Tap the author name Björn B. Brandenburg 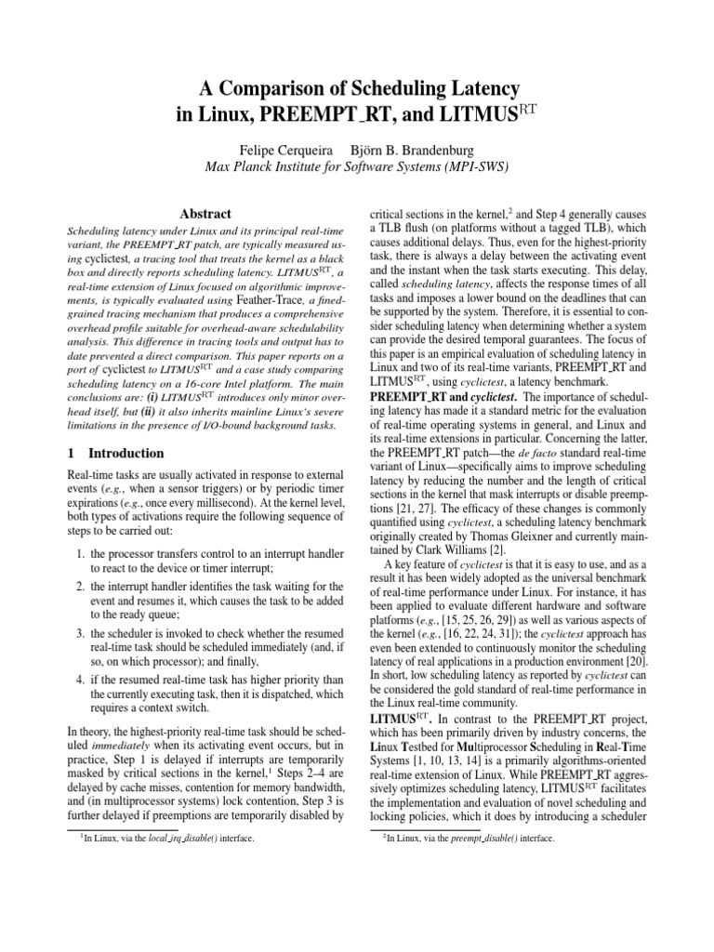tap(413, 150)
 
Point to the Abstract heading tap(205, 213)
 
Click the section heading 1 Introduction tap(116, 453)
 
